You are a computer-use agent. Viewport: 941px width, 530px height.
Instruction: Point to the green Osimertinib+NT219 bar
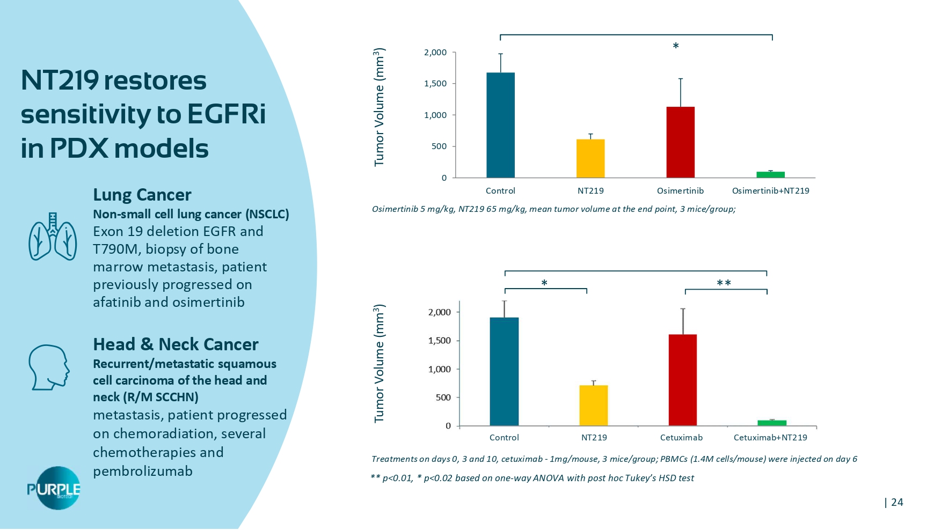click(x=770, y=174)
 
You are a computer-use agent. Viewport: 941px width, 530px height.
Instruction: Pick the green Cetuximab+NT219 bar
click(x=772, y=423)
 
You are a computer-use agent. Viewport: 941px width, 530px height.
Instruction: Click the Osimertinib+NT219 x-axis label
click(x=770, y=191)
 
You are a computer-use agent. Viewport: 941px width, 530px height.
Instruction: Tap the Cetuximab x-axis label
click(x=681, y=438)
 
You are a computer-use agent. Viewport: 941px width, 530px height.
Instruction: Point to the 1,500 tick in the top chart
click(x=435, y=84)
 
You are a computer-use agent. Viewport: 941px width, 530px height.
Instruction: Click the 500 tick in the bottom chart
click(x=440, y=397)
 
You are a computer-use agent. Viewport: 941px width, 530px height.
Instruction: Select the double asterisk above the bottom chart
click(x=724, y=283)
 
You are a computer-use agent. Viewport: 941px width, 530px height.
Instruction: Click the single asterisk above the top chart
click(x=676, y=47)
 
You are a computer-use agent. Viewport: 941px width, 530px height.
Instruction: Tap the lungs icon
click(x=53, y=237)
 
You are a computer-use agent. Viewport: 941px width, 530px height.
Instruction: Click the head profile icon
click(x=49, y=367)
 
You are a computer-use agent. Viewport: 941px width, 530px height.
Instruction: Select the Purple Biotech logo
click(x=54, y=488)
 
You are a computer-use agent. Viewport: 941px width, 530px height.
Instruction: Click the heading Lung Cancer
click(x=142, y=195)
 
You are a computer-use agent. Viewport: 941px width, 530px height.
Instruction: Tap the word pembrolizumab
click(x=142, y=472)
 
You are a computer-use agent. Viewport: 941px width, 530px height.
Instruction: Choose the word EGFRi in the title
click(x=226, y=114)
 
